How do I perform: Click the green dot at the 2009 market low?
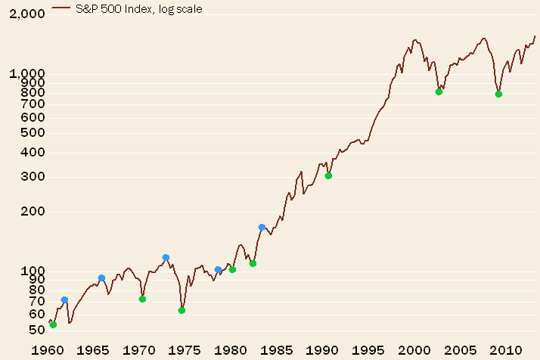(498, 94)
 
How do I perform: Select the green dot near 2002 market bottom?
(439, 92)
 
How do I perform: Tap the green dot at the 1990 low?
(328, 175)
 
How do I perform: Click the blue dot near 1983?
(262, 227)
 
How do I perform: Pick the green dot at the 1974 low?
(182, 310)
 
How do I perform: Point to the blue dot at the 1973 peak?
(166, 257)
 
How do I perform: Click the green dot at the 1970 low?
(142, 299)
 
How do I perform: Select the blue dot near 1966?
(101, 278)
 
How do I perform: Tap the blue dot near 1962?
(64, 299)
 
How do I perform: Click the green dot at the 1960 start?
(53, 324)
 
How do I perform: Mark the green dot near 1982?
(253, 263)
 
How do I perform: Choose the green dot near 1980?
(232, 269)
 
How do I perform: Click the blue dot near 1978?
(218, 269)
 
